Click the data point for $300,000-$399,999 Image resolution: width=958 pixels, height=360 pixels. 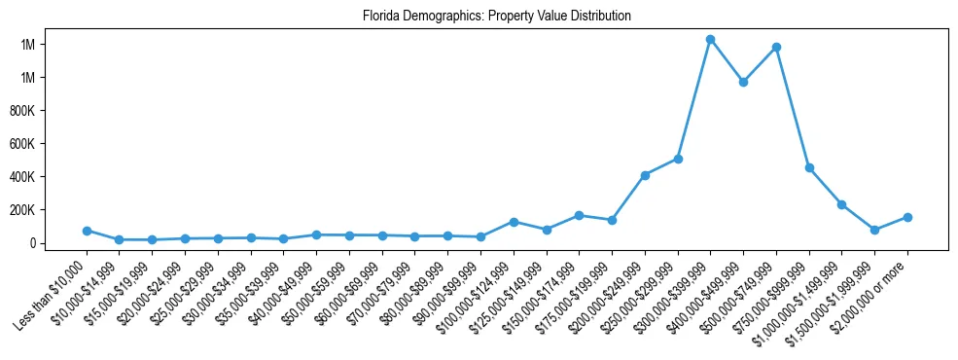click(710, 40)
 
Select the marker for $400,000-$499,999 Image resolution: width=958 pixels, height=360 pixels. click(743, 83)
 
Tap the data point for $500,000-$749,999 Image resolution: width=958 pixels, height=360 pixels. click(776, 47)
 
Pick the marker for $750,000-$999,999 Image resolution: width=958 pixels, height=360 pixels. click(809, 168)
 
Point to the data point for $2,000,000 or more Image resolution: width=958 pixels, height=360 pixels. click(907, 217)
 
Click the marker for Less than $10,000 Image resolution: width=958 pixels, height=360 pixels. click(87, 231)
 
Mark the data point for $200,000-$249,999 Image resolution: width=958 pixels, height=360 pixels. click(645, 175)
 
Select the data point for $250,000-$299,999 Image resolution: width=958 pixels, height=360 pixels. click(678, 159)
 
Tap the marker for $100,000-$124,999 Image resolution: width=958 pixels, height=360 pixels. click(514, 222)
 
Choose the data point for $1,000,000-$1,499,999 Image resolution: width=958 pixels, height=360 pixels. click(841, 204)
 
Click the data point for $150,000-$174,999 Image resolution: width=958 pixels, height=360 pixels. click(579, 215)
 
